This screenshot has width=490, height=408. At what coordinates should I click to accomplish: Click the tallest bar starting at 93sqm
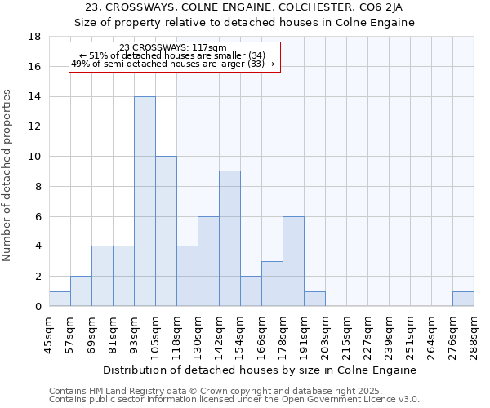point(145,202)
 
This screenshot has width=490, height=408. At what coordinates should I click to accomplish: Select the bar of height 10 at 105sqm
point(166,231)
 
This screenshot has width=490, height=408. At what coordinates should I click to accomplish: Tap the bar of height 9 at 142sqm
point(229,238)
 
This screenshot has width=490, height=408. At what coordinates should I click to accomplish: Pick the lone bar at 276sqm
point(463,299)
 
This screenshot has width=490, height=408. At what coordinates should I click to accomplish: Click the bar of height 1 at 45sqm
point(60,299)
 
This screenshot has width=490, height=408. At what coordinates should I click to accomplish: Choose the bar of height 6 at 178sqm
point(293,261)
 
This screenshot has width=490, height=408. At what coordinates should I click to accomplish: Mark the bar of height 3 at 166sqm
point(272,283)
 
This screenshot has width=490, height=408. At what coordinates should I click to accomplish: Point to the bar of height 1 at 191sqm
point(314,299)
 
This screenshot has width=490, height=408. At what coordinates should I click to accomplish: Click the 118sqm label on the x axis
point(176,334)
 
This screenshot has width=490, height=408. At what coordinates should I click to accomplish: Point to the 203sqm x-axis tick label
point(325,334)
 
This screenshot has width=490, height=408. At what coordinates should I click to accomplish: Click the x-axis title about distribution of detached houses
point(261,370)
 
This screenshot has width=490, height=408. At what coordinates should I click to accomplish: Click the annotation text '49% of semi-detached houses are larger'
point(172,63)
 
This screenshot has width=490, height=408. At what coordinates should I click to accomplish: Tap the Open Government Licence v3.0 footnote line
point(234,400)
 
